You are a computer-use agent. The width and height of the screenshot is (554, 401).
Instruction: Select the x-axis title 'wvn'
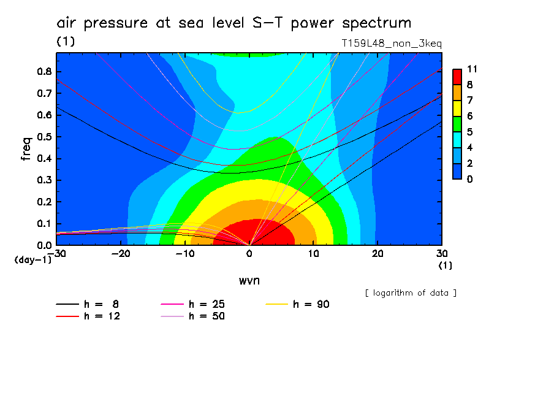point(248,280)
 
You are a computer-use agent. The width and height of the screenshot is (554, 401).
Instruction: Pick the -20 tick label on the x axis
point(121,254)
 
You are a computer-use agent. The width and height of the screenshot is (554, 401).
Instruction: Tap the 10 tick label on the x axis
point(313,254)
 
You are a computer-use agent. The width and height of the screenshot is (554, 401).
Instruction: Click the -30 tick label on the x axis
point(56,254)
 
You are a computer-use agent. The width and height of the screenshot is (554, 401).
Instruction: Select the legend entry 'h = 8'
point(94,304)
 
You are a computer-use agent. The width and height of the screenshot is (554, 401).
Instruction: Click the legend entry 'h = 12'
point(94,316)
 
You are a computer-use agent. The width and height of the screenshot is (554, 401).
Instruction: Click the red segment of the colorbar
point(457,77)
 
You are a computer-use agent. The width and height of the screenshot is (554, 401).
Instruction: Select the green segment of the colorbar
point(457,124)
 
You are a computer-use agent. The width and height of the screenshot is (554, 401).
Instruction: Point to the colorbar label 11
point(472,69)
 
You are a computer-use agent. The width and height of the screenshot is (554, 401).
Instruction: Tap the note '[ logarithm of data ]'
point(411,293)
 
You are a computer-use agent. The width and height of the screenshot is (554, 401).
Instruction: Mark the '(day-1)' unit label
point(33,260)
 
